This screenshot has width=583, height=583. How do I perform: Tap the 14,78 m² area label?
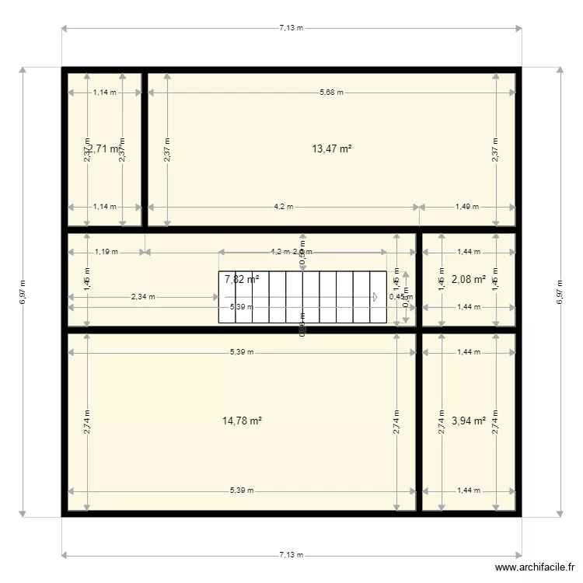click(242, 421)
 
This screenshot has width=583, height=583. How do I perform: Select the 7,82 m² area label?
click(242, 279)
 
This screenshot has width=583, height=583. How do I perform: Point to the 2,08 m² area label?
click(469, 279)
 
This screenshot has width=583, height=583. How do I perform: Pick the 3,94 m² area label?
click(469, 421)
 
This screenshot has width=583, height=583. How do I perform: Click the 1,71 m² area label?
click(103, 148)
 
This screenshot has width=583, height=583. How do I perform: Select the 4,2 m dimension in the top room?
click(283, 207)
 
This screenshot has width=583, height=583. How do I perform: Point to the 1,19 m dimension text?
click(106, 252)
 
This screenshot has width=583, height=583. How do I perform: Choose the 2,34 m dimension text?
click(142, 296)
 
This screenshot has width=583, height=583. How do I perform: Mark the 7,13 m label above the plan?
click(291, 28)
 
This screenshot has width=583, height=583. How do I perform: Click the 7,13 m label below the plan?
click(291, 555)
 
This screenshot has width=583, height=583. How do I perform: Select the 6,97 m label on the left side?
click(23, 291)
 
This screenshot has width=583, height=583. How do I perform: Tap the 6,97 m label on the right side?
click(560, 291)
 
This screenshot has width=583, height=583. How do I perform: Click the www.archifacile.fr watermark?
click(536, 569)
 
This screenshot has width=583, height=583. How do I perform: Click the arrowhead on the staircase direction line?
click(375, 297)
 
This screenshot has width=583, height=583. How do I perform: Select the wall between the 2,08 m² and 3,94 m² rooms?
click(470, 330)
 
